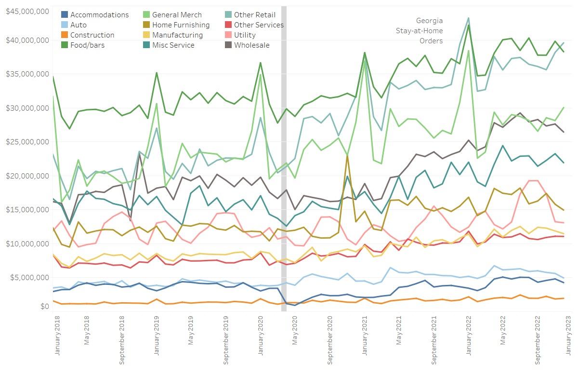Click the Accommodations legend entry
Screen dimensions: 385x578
coord(99,15)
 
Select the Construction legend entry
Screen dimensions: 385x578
coord(92,35)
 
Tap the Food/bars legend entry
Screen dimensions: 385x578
coord(87,45)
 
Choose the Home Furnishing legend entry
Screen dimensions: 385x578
coord(181,25)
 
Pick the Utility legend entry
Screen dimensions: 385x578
coord(245,35)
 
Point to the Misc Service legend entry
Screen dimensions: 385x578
coord(173,45)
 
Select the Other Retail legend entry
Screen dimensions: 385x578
coord(254,15)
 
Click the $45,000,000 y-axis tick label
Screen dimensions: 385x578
coord(27,11)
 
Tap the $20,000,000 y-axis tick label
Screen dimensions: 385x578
coord(27,176)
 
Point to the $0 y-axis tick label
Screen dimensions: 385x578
coord(44,307)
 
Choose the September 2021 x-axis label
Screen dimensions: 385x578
coord(434,333)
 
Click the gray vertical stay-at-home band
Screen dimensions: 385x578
coord(284,144)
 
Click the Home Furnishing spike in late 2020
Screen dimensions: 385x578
coord(347,156)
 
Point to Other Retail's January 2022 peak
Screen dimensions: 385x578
coord(468,18)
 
